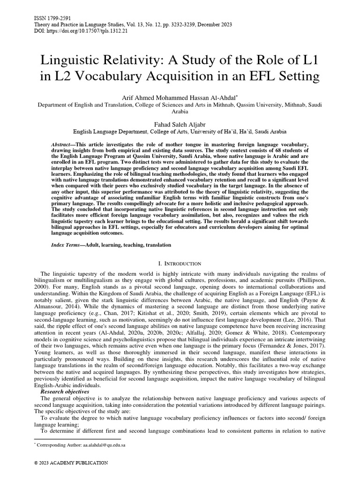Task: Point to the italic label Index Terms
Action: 64,245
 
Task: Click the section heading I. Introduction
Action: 180,264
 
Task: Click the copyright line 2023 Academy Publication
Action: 71,463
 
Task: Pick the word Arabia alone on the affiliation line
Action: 180,112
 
